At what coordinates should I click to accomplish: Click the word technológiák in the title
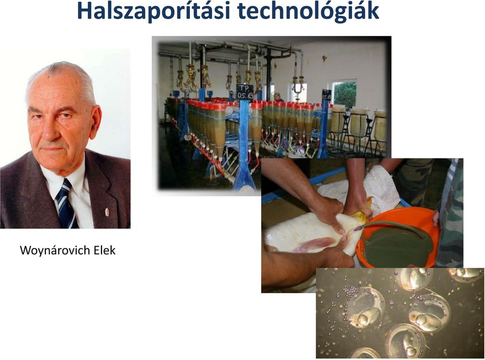(x=308, y=11)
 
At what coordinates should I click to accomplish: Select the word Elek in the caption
(x=105, y=250)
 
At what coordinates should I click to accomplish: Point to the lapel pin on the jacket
(x=107, y=212)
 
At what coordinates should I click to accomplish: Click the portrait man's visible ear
(x=94, y=121)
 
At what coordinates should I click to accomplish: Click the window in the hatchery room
(x=344, y=94)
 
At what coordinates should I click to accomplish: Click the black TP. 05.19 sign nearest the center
(x=245, y=92)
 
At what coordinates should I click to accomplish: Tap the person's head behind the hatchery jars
(x=277, y=96)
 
